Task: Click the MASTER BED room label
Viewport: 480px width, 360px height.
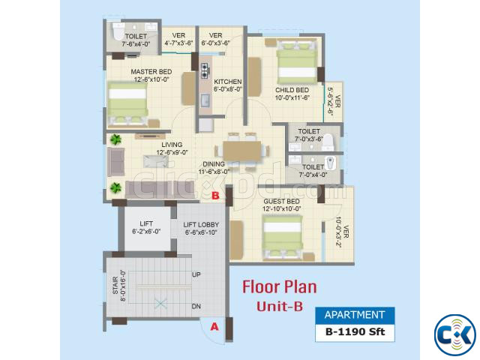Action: coord(151,72)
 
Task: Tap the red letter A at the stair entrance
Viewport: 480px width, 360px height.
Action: coord(214,327)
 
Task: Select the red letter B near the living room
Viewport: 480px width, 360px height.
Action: coord(215,196)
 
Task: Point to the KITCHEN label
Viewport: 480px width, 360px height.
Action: coord(228,82)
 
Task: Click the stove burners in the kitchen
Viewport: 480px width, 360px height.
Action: coord(205,70)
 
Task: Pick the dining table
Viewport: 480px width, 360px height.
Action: coord(241,151)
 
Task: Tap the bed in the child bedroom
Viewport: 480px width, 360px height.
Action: coord(297,63)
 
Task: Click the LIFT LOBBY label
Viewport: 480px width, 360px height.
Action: coord(201,225)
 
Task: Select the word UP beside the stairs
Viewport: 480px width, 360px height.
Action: coord(196,274)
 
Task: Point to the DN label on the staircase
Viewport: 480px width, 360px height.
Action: coord(196,307)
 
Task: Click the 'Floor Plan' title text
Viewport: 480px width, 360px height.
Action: coord(280,287)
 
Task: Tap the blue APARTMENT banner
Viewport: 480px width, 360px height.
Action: coord(355,315)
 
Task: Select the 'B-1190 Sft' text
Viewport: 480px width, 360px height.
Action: coord(355,331)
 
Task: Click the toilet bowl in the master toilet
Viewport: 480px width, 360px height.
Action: coord(118,31)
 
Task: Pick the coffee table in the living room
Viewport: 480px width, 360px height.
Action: coord(156,161)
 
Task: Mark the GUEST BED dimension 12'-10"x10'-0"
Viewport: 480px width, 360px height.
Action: coord(282,208)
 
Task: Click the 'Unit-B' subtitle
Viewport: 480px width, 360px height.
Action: coord(280,307)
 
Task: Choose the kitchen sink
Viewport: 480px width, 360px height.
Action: coord(205,100)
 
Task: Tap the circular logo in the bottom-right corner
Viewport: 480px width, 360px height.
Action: coord(455,335)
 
